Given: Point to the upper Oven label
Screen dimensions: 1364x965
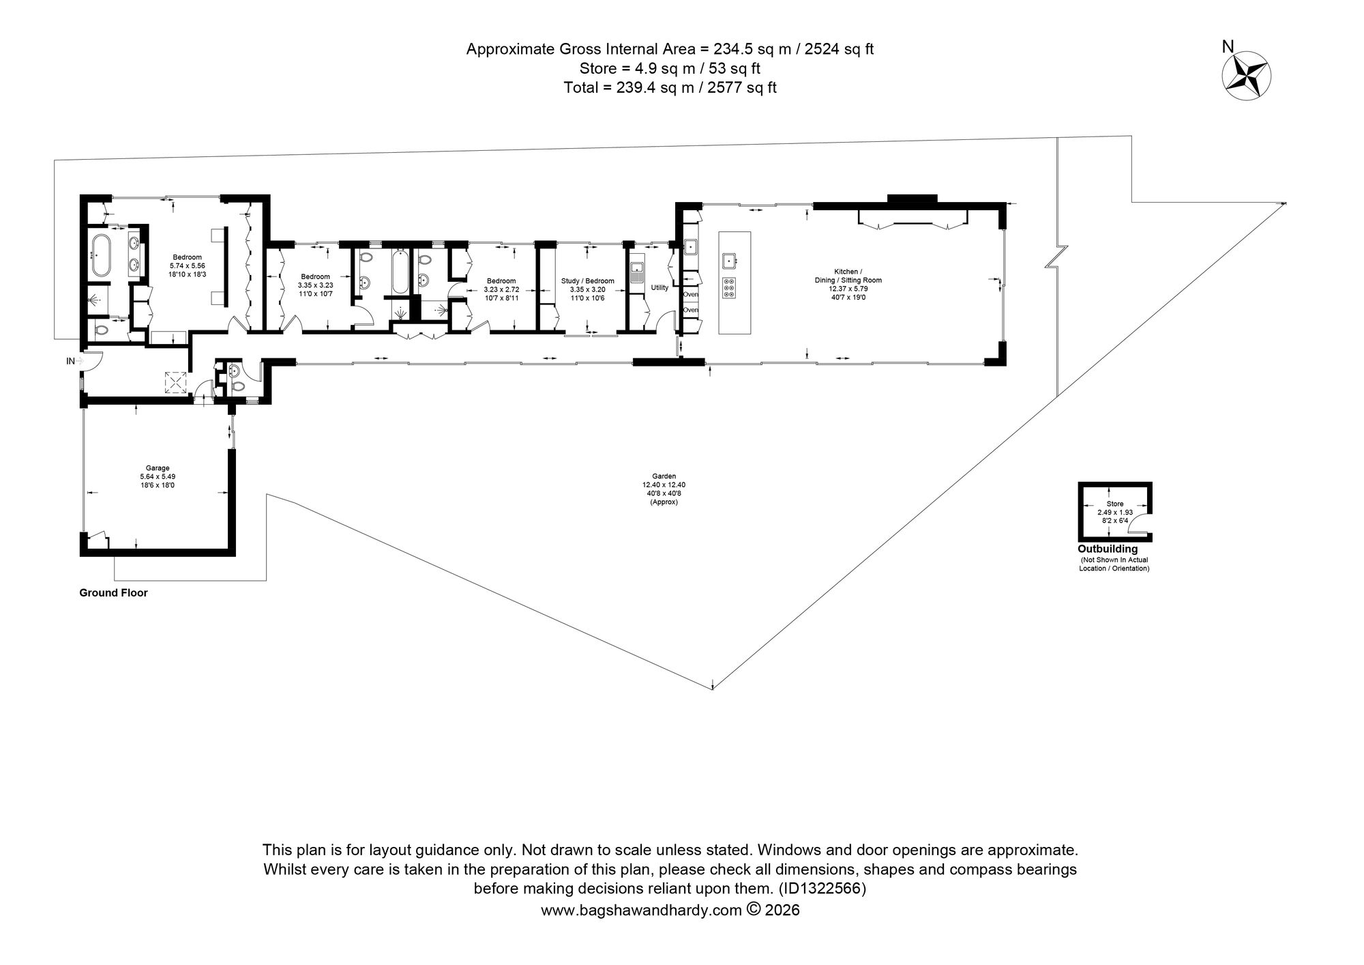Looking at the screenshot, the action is coord(691,294).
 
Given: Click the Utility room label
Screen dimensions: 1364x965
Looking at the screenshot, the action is coord(659,287).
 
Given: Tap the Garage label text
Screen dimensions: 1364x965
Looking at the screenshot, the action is coord(158,468).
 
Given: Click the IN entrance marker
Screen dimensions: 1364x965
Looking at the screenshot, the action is coord(70,361).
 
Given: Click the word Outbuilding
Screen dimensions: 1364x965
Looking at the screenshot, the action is coord(1108,549).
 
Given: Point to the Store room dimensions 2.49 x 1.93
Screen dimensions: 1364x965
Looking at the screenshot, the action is coord(1115,512).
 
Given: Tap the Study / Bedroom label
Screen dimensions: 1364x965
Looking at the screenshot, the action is coord(588,280).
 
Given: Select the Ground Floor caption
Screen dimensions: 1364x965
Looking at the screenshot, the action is coord(113,593).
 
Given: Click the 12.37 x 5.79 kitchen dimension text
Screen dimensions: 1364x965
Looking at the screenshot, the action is coord(848,289).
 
